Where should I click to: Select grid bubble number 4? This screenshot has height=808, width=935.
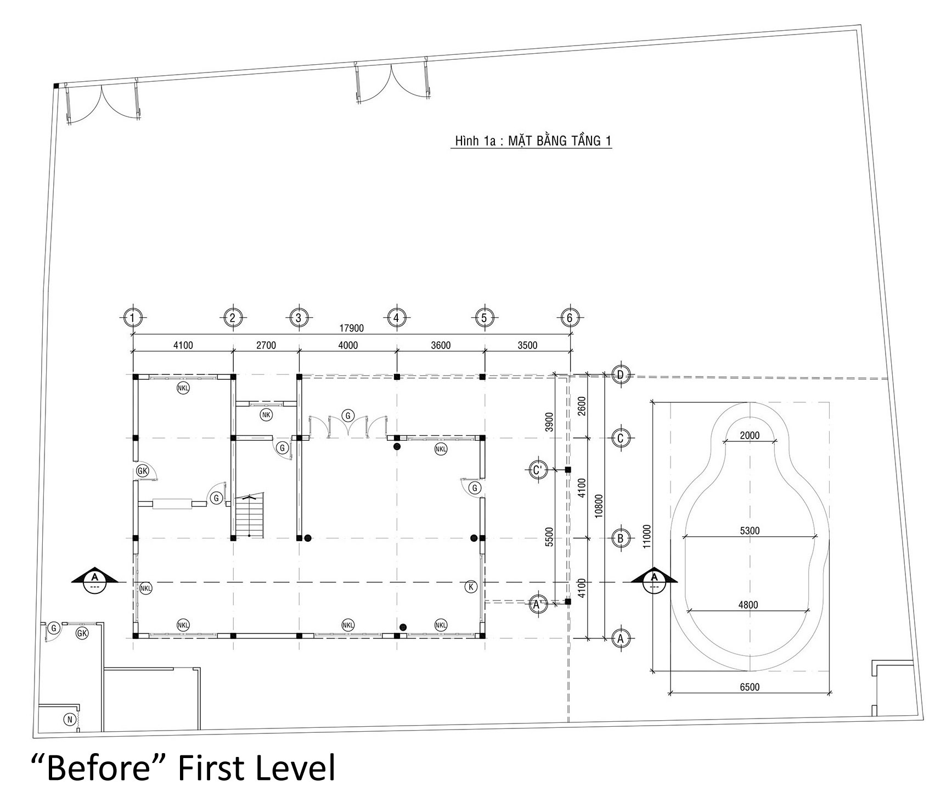click(x=396, y=317)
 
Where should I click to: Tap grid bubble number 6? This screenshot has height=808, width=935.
click(x=570, y=317)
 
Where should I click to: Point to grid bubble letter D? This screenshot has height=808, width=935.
click(x=621, y=375)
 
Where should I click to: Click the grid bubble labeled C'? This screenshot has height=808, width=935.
click(x=538, y=470)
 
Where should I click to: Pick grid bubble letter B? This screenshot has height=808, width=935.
click(x=621, y=538)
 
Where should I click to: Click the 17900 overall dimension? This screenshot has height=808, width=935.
click(x=351, y=328)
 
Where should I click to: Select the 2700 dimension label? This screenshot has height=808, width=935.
click(x=266, y=345)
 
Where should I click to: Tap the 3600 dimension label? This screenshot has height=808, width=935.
click(x=441, y=345)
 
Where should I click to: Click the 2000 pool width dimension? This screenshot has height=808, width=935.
click(x=750, y=436)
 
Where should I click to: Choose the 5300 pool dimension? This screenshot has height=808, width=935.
click(x=749, y=531)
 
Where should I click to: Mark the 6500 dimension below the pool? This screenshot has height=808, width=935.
click(x=749, y=687)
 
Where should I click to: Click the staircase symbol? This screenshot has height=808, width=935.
click(x=250, y=516)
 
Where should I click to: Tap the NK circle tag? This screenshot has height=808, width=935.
click(x=266, y=415)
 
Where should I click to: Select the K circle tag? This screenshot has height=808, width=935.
click(x=470, y=586)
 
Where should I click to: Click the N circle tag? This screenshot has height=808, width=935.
click(x=70, y=719)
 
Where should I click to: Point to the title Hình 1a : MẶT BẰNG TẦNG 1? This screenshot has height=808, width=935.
click(x=531, y=141)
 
